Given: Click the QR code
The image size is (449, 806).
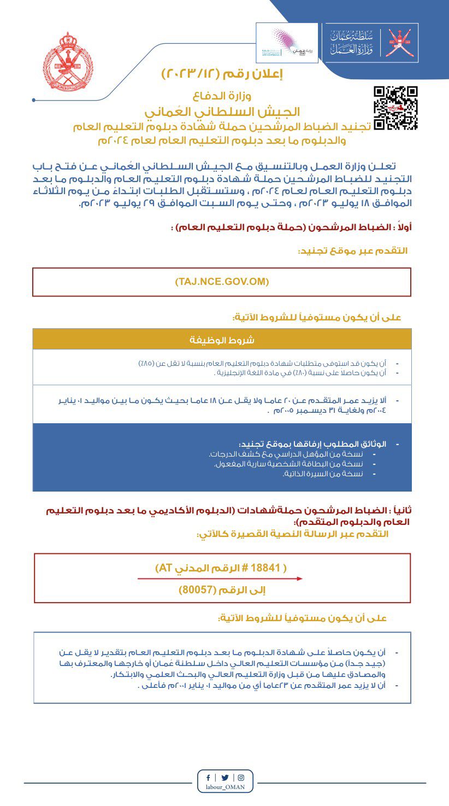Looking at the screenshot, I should coord(395,108).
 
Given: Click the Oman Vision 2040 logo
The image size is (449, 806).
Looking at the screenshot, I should coord(287,43).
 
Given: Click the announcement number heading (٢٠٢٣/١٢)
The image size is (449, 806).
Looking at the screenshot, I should coord(222,74).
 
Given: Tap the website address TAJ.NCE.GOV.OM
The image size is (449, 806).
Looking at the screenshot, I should coord(222,282).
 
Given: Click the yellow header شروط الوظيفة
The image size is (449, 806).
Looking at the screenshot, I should coord(222,340).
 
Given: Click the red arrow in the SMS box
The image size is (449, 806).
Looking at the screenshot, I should coord(220,578).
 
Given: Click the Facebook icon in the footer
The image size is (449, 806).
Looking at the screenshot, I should coord(208,778).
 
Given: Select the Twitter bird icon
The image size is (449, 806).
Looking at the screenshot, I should coord(225,778).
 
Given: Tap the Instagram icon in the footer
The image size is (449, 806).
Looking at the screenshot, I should coord(241,778).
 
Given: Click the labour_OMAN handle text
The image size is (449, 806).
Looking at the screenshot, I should coord(225,787).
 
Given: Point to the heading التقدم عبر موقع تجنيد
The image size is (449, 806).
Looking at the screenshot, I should coord(352,251).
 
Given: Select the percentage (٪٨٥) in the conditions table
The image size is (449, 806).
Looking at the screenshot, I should coord(146,364).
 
